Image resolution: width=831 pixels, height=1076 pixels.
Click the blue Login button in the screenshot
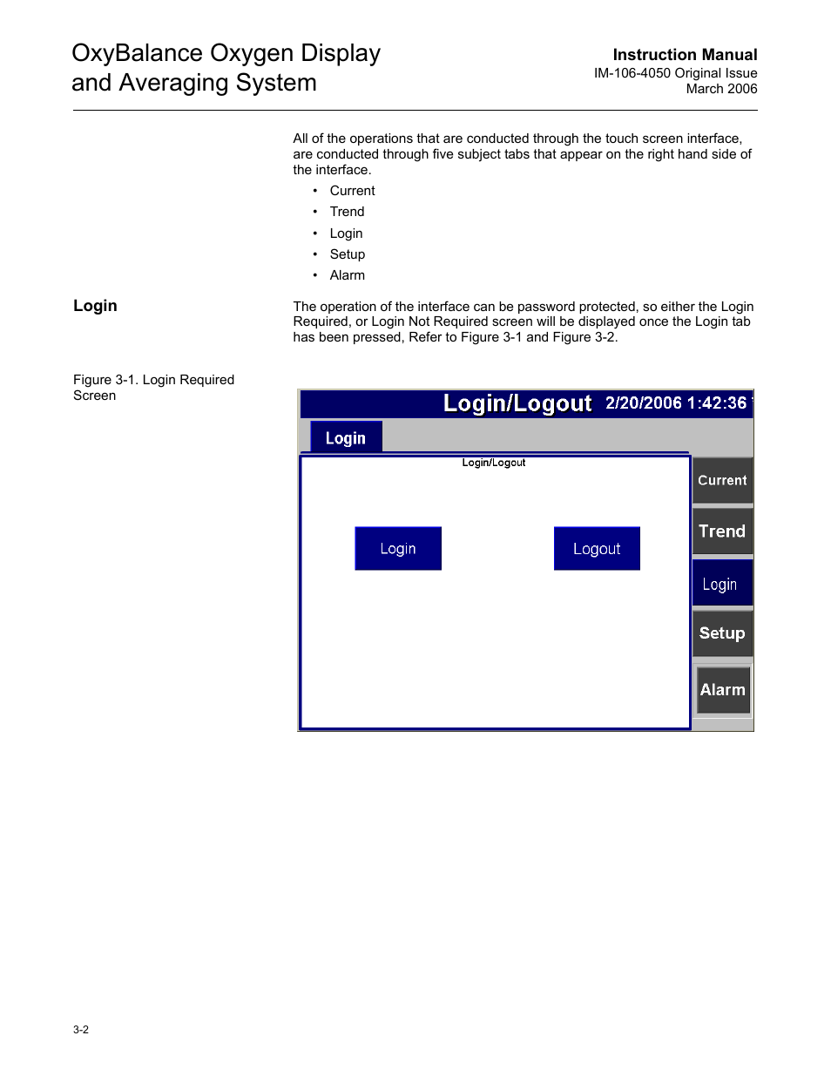(x=398, y=549)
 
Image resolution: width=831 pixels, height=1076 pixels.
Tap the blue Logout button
(x=597, y=549)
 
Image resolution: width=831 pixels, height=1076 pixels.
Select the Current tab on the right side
(x=722, y=481)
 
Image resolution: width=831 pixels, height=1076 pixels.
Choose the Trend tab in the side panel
(x=722, y=531)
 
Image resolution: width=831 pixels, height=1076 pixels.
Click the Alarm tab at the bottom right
(x=723, y=690)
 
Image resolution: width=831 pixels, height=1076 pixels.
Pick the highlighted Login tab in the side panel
(x=721, y=585)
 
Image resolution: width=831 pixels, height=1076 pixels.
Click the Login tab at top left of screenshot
(x=346, y=438)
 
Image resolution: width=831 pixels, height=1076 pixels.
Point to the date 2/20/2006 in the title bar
(x=643, y=403)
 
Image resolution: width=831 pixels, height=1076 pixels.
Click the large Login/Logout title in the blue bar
(x=517, y=403)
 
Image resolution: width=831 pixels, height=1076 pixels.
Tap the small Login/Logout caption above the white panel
(x=494, y=463)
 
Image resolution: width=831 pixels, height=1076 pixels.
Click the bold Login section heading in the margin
(x=95, y=306)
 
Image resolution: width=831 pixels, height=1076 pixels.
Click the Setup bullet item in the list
(x=347, y=254)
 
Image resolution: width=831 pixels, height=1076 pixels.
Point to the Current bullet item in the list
(x=352, y=191)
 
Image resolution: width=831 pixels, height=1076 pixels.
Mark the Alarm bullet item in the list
(x=347, y=275)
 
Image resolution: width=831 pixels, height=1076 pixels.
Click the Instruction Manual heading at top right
(x=685, y=55)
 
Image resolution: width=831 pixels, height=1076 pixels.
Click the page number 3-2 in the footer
(x=81, y=1030)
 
